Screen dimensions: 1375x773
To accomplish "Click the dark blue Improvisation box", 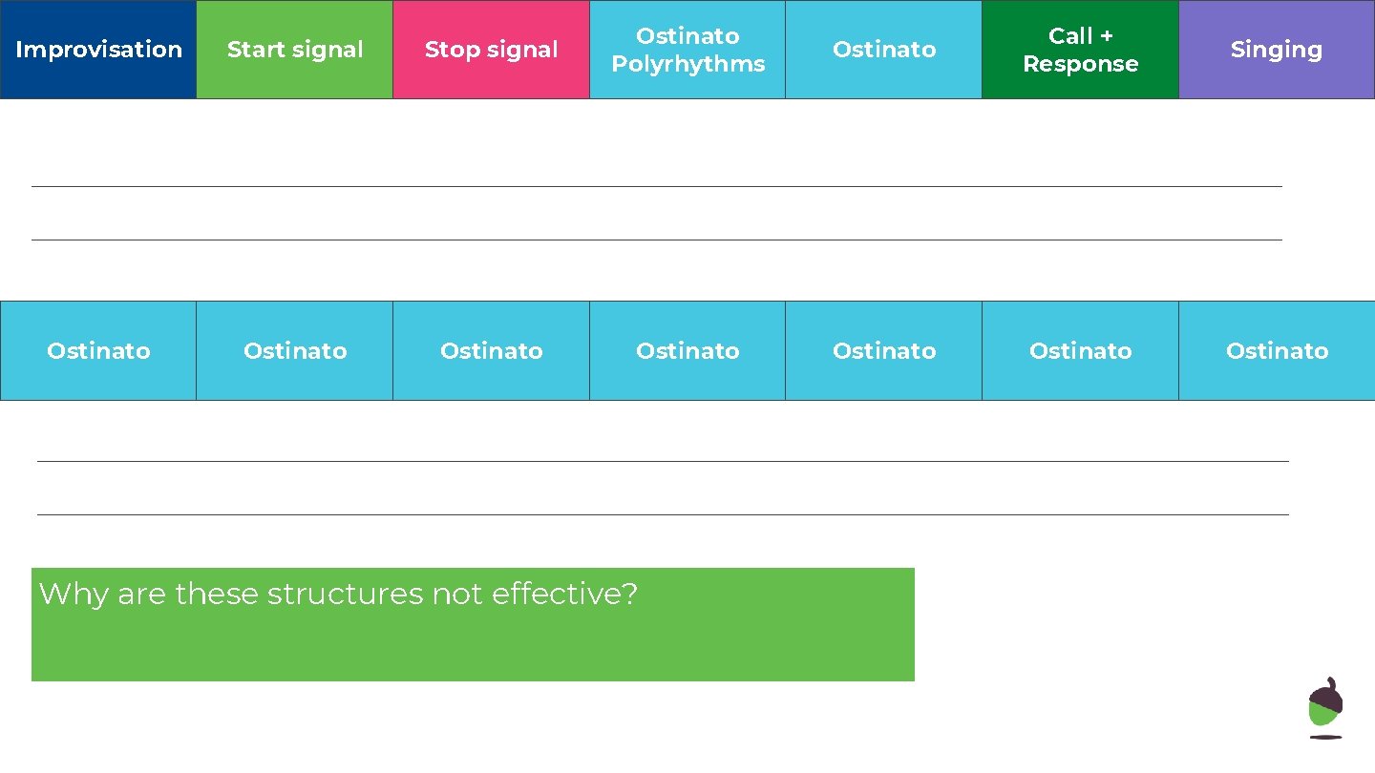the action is pos(98,50).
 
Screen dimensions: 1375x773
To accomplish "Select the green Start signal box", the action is pos(295,50).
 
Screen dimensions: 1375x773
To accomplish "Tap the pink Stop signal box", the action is pos(491,50).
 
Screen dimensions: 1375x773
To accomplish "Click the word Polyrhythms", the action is pos(687,64).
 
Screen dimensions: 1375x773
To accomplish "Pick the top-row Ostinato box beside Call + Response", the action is pos(883,50).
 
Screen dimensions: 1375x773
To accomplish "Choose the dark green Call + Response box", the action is pos(1080,50).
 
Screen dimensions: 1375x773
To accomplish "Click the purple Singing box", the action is pos(1277,50).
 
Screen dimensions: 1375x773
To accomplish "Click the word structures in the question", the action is pos(345,595).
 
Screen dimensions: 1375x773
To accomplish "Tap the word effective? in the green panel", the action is pos(564,595).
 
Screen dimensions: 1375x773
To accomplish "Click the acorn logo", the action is pos(1325,708).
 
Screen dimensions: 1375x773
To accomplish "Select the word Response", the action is pos(1080,64).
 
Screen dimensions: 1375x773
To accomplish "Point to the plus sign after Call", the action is pos(1106,36).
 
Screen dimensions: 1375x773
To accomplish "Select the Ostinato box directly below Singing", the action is pos(1277,351).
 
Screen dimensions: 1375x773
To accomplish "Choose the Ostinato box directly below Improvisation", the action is pos(98,351).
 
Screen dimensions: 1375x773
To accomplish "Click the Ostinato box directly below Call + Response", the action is pos(1080,351).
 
